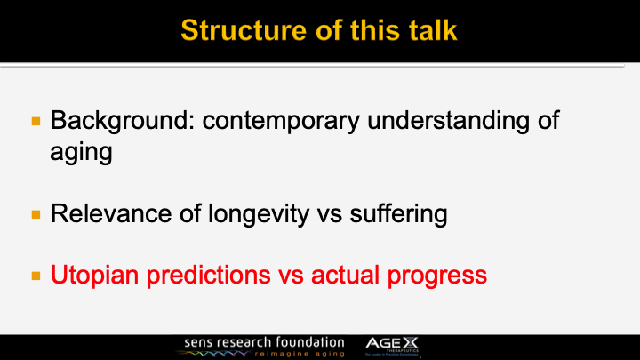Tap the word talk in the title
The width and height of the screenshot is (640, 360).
click(431, 29)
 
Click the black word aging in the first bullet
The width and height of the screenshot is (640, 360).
click(81, 152)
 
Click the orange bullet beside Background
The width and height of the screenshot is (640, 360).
click(36, 119)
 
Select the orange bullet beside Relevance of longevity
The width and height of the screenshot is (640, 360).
click(36, 214)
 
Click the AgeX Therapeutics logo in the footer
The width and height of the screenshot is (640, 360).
click(399, 345)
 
